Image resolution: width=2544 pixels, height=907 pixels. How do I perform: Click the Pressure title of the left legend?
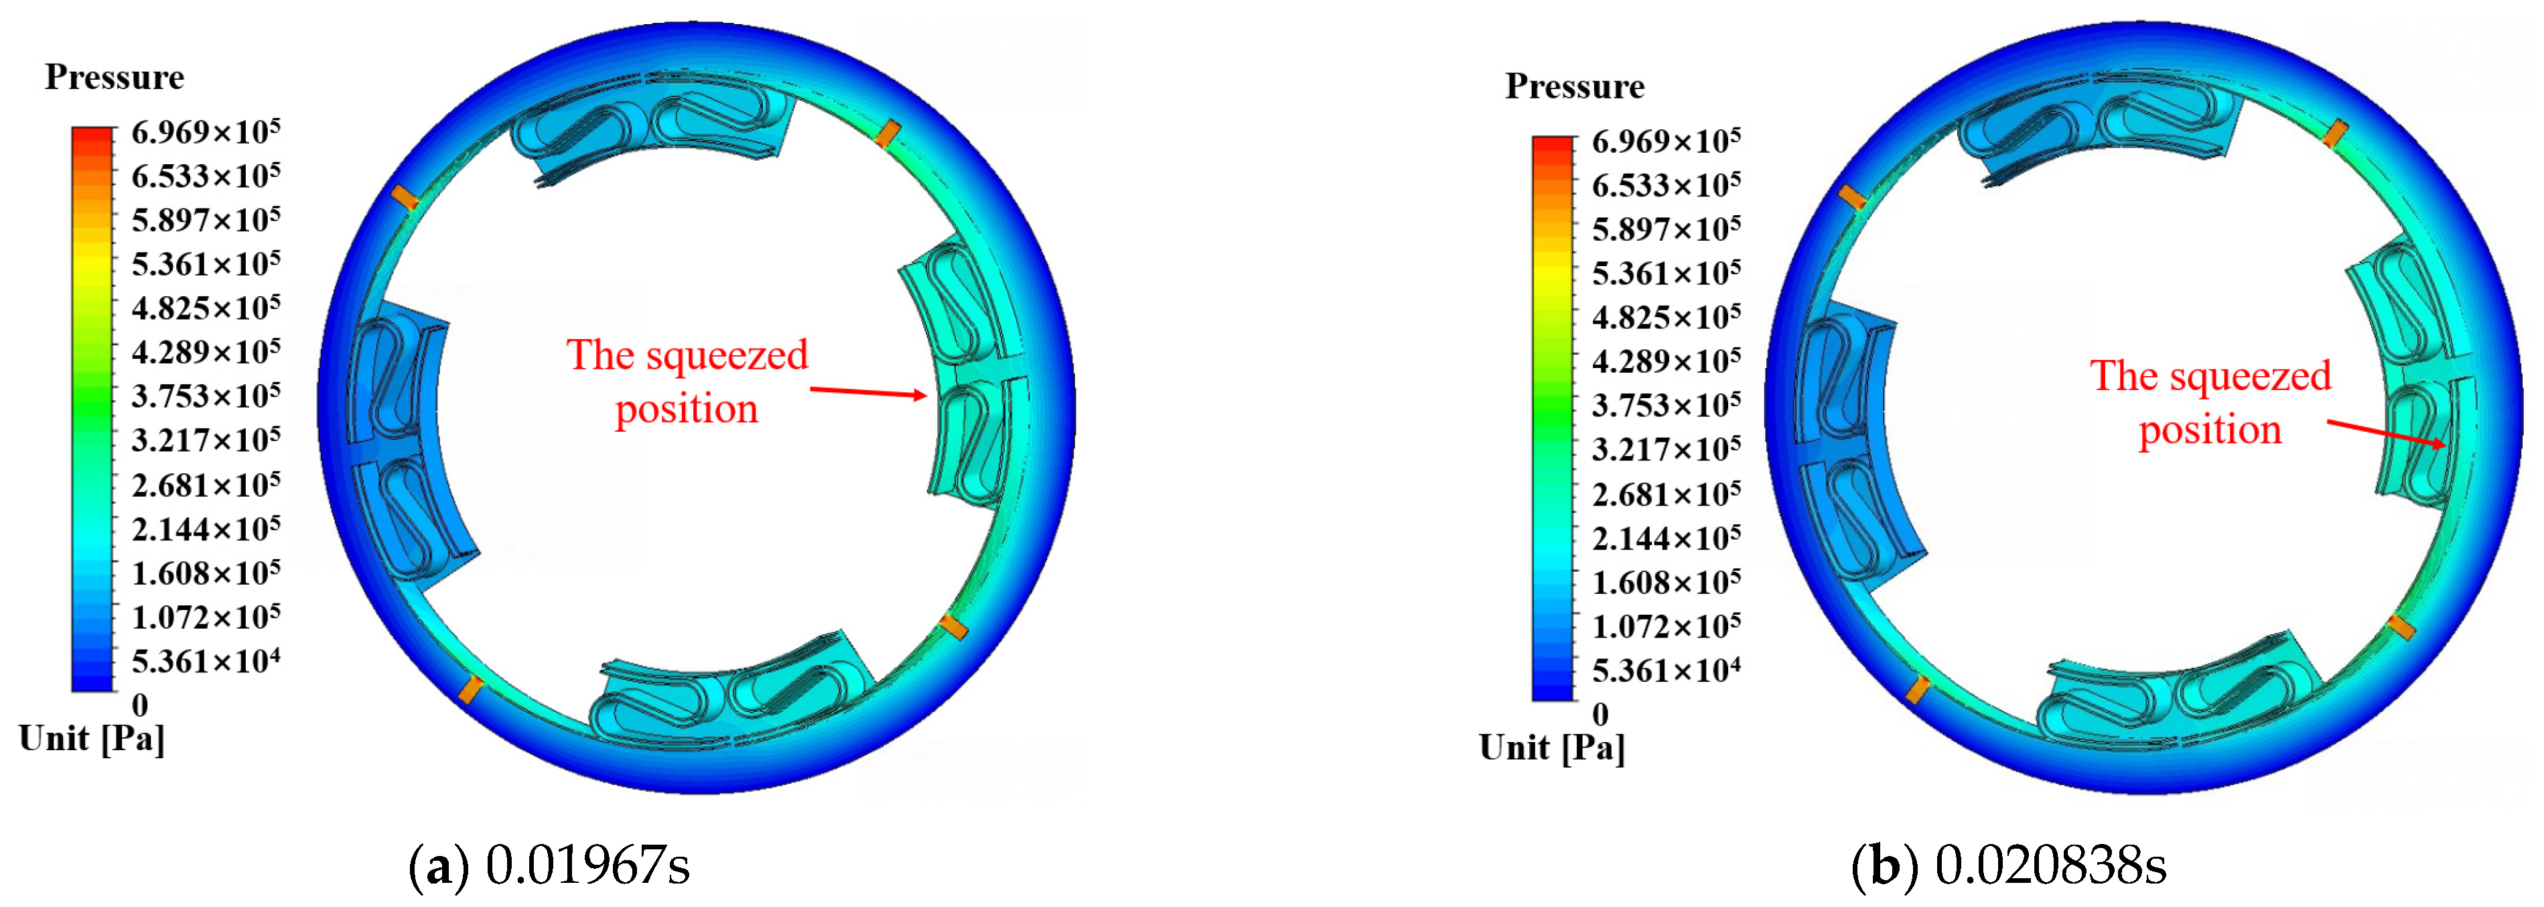click(x=115, y=77)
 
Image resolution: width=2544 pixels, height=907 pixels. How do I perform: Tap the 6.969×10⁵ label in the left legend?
click(x=206, y=131)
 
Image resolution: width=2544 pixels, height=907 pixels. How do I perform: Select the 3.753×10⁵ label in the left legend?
click(x=206, y=396)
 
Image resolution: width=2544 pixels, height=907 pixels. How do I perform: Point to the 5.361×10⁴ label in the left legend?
click(x=206, y=660)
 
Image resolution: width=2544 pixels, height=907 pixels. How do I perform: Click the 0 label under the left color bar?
click(x=140, y=705)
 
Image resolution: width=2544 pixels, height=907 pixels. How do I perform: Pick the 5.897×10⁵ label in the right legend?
click(x=1666, y=228)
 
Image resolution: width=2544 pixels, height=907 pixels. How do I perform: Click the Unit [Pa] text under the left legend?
click(x=92, y=739)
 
